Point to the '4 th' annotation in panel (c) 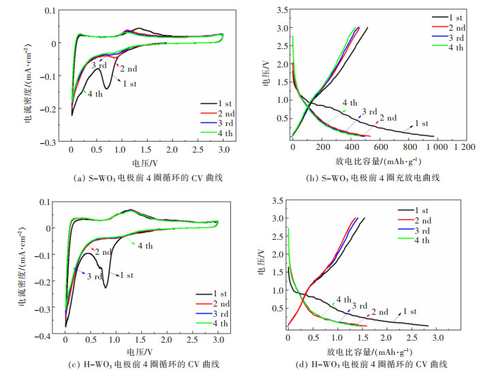146,246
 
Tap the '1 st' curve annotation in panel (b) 422,123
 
